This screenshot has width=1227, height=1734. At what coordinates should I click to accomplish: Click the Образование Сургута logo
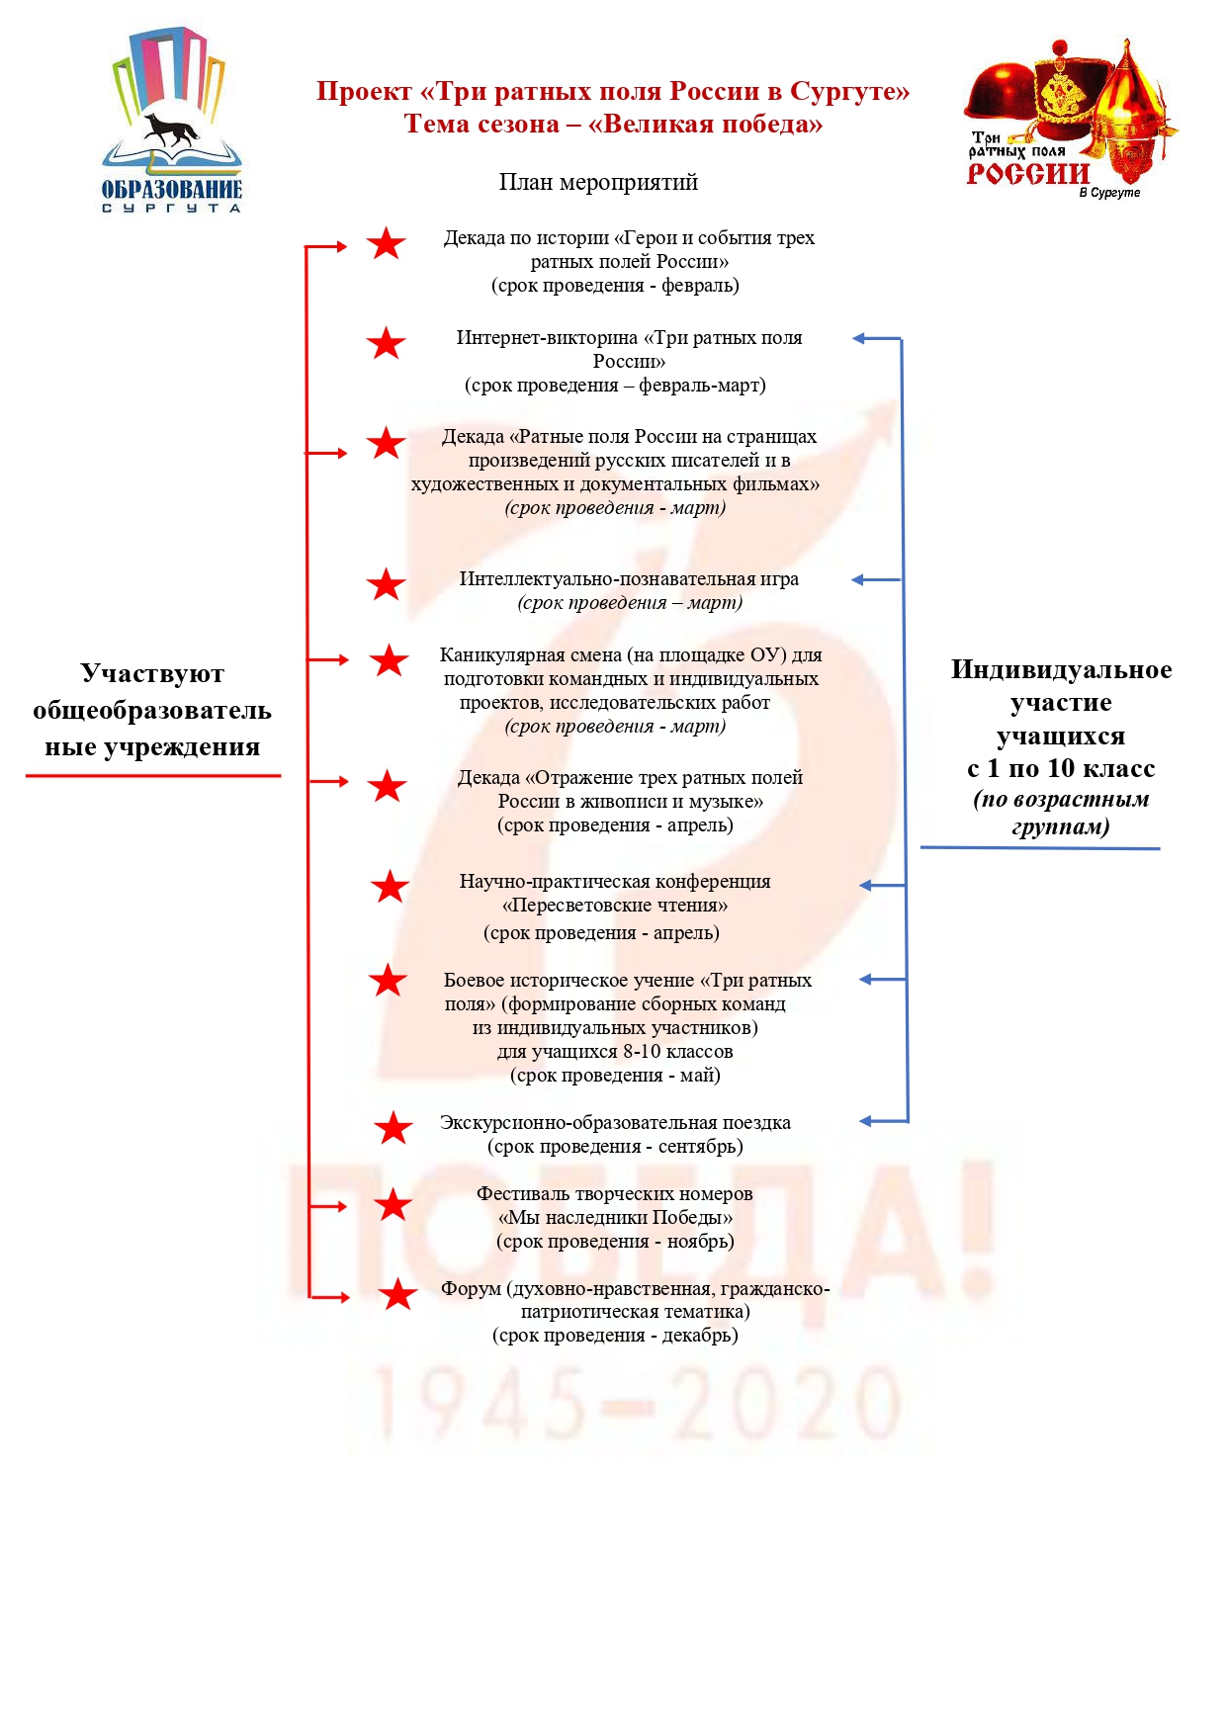point(172,122)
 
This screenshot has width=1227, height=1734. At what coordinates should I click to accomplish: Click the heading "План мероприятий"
point(598,182)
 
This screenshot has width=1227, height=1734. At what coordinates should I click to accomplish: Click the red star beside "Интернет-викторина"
point(386,343)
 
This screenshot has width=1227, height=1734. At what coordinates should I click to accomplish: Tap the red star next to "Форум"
point(397,1294)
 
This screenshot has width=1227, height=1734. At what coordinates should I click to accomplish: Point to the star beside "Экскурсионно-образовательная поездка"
point(394,1127)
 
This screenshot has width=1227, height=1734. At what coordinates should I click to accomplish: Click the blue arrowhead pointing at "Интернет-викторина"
point(859,338)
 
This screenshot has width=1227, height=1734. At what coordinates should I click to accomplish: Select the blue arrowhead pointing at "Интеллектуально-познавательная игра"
point(858,580)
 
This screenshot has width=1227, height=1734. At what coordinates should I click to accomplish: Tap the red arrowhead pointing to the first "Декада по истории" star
point(341,246)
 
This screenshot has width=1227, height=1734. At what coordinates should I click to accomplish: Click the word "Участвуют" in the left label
point(152,673)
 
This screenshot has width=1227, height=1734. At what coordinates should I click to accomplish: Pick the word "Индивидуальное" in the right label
point(1061,669)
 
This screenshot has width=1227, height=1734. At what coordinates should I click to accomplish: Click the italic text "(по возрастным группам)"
point(1061,813)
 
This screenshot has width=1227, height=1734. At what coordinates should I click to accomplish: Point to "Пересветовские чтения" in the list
point(614,905)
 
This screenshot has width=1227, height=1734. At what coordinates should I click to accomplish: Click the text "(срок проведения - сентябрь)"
point(615,1147)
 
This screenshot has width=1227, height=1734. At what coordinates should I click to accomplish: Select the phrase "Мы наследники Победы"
point(615,1218)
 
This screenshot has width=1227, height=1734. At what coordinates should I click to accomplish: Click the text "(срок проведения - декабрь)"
point(615,1336)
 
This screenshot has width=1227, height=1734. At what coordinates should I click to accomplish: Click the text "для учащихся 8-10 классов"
point(615,1052)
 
